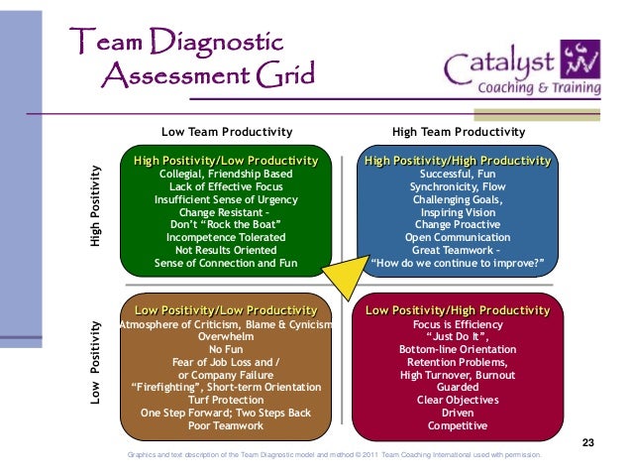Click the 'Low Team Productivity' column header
pos(227,132)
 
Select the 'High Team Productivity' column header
pos(459,132)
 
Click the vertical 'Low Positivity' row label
pos(96,361)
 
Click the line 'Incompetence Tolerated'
pos(226,238)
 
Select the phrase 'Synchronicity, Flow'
pos(458,186)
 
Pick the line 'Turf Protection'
pos(227,400)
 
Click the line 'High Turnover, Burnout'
pos(457,375)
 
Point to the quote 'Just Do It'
pos(457,337)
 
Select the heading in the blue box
pos(458,161)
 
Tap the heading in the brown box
pos(226,310)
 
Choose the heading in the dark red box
pos(458,310)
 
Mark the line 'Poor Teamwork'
pos(227,425)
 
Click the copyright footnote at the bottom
pos(335,455)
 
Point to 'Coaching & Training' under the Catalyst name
pos(540,87)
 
